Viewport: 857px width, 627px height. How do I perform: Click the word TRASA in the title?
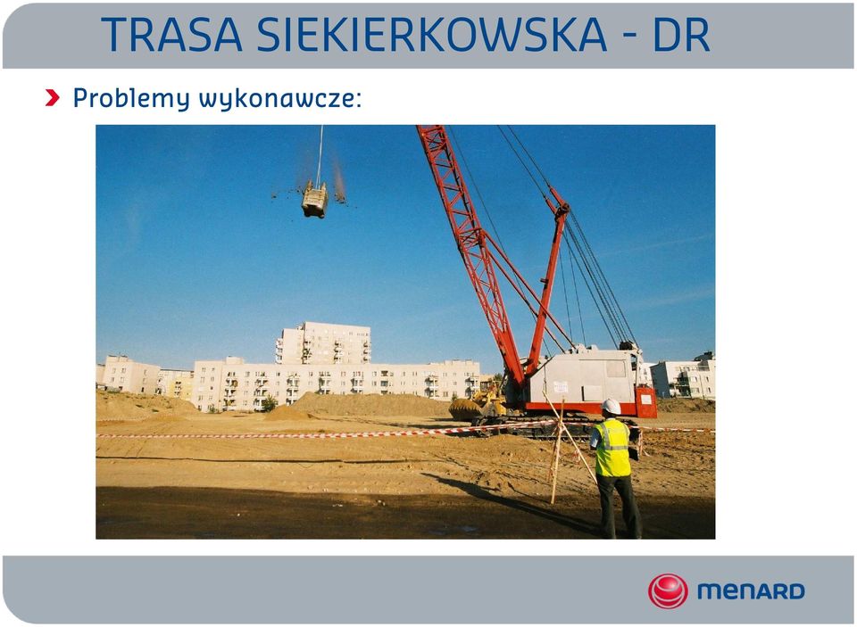click(171, 35)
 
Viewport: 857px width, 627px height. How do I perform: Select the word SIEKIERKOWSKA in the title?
click(432, 35)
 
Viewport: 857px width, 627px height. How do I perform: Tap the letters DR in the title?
click(681, 35)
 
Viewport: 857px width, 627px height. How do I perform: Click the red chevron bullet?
click(53, 98)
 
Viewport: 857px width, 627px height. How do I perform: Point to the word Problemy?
click(132, 99)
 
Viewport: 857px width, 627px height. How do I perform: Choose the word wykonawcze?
click(279, 99)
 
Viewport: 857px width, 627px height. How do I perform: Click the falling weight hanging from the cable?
click(315, 200)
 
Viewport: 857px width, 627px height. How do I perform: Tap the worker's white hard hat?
click(611, 407)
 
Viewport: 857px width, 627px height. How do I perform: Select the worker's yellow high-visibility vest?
click(613, 448)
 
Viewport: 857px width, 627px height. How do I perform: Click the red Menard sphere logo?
click(668, 591)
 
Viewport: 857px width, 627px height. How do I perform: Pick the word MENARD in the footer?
click(751, 591)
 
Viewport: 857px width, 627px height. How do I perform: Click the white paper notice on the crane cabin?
click(561, 387)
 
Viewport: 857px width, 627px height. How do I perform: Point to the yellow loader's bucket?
click(466, 408)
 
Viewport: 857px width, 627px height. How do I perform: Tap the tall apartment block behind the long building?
click(323, 342)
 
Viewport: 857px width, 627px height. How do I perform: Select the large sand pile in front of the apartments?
click(361, 405)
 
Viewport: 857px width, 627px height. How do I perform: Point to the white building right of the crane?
click(683, 377)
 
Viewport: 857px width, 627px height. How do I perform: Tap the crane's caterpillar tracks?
click(525, 427)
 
